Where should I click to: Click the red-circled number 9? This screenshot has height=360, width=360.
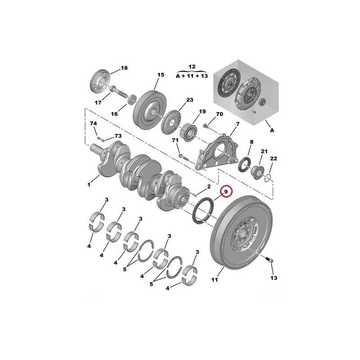[x=226, y=192]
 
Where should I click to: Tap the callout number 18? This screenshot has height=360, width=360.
[x=124, y=68]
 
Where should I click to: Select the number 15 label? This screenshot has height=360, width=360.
[x=161, y=75]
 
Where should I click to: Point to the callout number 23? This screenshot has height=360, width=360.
[x=189, y=100]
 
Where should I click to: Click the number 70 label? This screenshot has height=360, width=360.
[x=220, y=114]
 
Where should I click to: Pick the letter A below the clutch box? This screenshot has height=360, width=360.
[x=272, y=130]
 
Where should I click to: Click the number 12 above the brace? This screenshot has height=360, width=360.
[x=192, y=67]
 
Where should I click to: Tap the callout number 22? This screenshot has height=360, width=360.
[x=274, y=158]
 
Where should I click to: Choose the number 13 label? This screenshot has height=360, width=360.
[x=274, y=278]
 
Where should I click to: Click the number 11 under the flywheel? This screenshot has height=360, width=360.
[x=215, y=279]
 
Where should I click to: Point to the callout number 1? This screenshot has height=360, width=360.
[x=89, y=184]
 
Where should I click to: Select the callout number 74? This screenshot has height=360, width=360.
[x=94, y=123]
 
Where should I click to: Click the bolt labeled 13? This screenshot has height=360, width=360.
[x=269, y=260]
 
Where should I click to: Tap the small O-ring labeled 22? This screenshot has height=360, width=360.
[x=268, y=178]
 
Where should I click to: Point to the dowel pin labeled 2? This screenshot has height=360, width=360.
[x=194, y=195]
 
